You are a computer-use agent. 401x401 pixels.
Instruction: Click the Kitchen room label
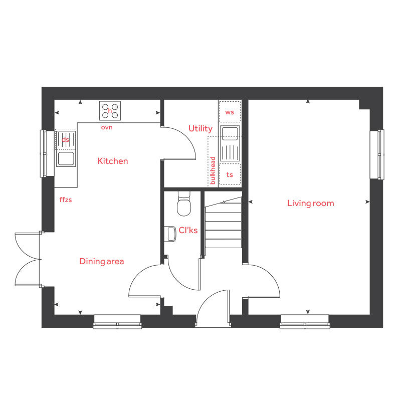coord(112,161)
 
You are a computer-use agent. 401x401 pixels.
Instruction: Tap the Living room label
coord(310,203)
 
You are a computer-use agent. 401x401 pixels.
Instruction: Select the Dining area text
coord(101,261)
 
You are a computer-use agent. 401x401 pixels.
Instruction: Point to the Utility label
coord(200,129)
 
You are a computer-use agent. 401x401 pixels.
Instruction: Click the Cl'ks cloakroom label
coord(188,231)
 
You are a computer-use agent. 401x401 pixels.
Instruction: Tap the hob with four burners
coord(110,110)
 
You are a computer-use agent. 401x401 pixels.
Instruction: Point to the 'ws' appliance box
coord(230,112)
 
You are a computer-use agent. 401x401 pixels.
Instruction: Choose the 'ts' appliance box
coord(230,174)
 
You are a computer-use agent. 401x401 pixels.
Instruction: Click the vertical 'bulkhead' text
coord(213,170)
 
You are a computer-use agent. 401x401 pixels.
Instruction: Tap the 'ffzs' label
coord(66,199)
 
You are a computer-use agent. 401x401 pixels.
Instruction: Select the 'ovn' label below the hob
coord(106,127)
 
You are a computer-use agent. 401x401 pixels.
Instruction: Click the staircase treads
coord(223,223)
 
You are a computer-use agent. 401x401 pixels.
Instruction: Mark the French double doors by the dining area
coord(28,259)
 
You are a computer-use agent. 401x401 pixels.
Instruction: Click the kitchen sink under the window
coord(66,158)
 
